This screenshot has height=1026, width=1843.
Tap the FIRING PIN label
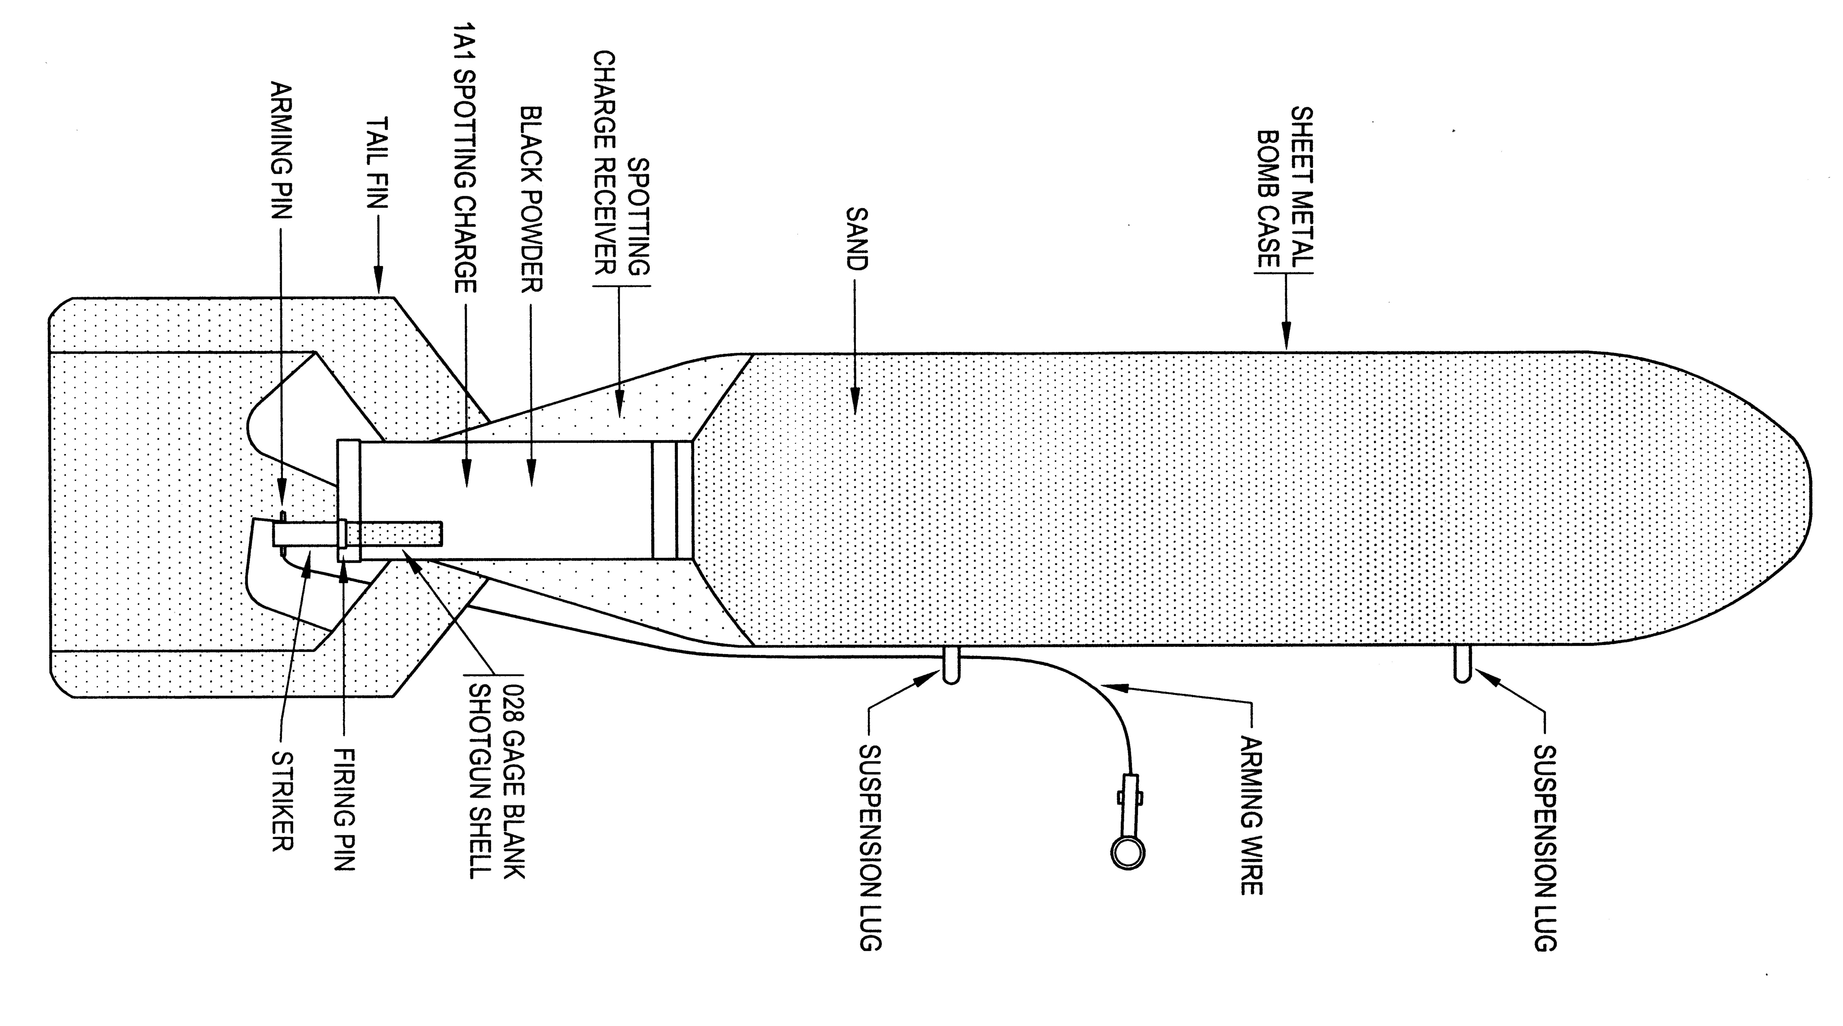pos(345,808)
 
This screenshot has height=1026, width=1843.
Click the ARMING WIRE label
pos(1251,816)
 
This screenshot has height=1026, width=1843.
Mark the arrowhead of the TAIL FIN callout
pos(378,282)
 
